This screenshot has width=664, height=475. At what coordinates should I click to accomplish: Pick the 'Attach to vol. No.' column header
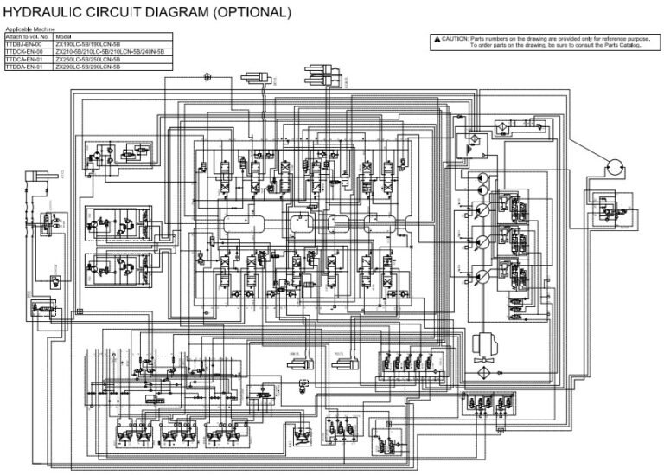coord(27,38)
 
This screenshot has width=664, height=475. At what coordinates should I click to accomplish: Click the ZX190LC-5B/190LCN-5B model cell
coord(87,45)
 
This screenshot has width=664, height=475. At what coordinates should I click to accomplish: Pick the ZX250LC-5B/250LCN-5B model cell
coord(87,59)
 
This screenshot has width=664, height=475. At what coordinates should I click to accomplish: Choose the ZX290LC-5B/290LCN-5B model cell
coord(87,66)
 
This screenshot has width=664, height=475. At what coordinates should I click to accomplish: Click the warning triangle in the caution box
coord(437,39)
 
